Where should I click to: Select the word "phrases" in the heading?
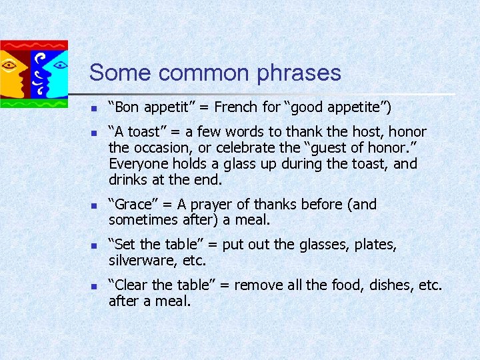pos(300,74)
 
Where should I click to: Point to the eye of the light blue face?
pos(59,65)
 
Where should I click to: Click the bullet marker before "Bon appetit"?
pos(94,107)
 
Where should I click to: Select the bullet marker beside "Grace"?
pos(94,205)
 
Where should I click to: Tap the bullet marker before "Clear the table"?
pos(94,286)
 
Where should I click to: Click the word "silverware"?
pos(143,261)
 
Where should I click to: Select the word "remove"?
pos(259,285)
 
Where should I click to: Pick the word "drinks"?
pos(128,180)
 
